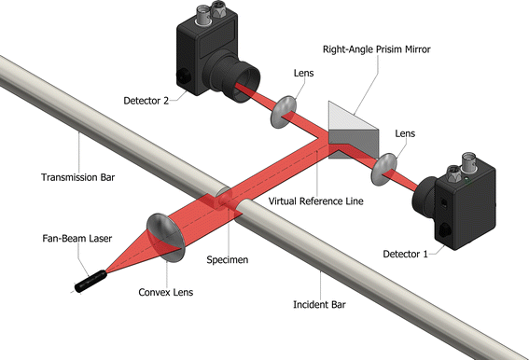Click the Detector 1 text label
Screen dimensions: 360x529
point(409,253)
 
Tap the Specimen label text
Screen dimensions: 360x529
point(226,261)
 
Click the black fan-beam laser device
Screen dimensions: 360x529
point(89,278)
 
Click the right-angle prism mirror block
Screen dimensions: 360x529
point(352,125)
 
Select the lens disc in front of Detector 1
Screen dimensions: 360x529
point(383,169)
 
